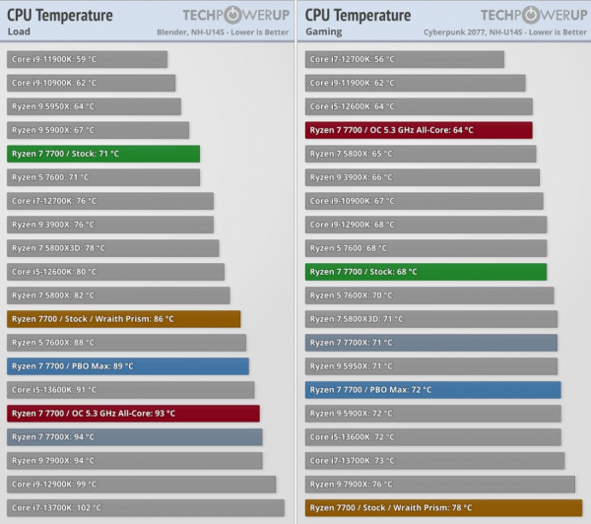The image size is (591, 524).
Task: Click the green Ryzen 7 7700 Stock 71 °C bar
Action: [103, 154]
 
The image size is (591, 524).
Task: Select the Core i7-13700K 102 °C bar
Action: [146, 508]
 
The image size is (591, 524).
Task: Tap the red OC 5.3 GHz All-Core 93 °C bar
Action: [133, 414]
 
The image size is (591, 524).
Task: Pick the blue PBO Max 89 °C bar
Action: [128, 366]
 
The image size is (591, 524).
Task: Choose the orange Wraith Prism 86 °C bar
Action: [124, 319]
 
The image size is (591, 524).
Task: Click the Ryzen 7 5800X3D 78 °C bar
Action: [113, 248]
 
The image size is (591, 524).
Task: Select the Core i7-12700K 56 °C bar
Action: [405, 59]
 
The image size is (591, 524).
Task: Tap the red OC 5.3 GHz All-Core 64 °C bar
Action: [419, 130]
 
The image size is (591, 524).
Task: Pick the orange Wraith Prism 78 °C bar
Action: [443, 508]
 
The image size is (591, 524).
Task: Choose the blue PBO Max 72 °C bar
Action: [432, 390]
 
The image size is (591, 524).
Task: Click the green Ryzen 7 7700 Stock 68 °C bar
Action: [426, 272]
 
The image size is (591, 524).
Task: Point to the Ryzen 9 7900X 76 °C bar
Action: [439, 485]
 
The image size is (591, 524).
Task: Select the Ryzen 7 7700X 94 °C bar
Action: [135, 437]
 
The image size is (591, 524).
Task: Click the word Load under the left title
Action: [18, 31]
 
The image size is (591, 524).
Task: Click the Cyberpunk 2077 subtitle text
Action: [503, 32]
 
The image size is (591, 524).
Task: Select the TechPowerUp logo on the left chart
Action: [233, 15]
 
